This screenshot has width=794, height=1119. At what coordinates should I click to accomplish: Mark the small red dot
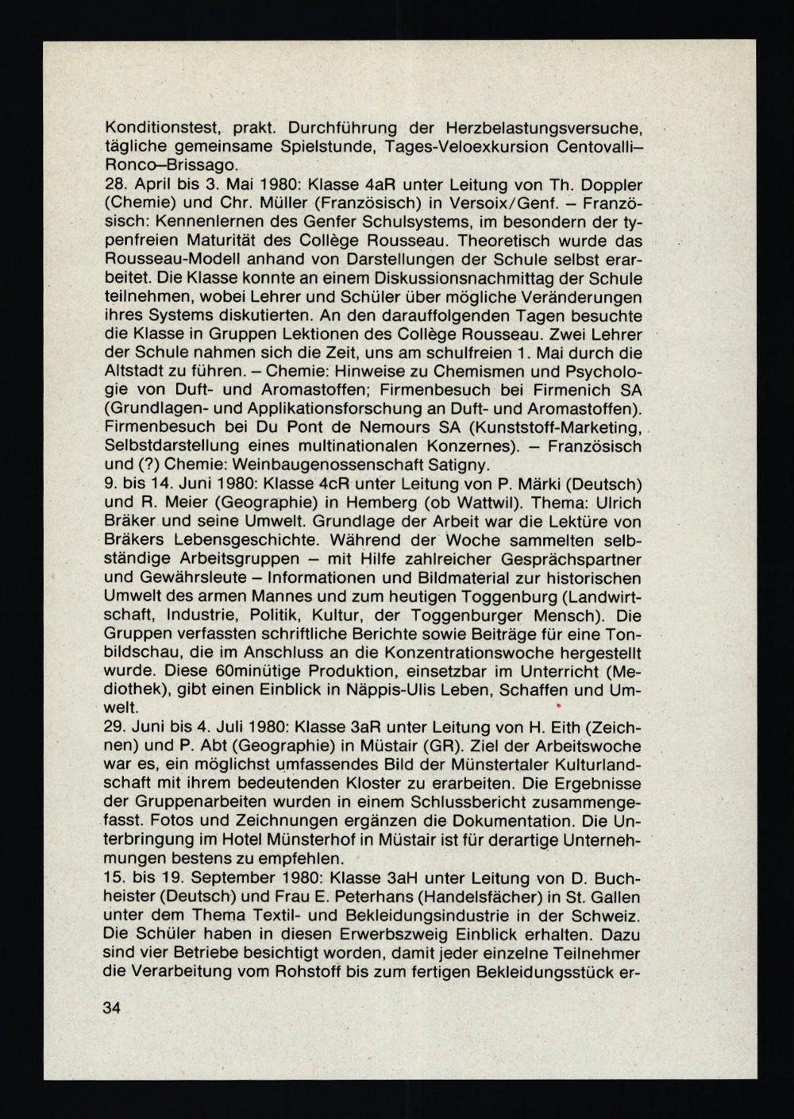(559, 705)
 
